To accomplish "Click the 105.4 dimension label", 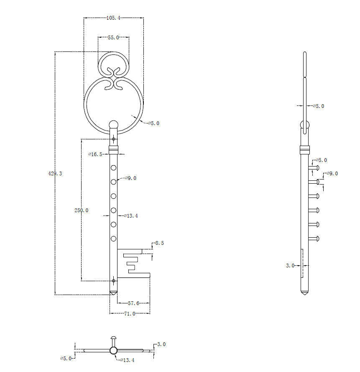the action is pyautogui.click(x=113, y=18).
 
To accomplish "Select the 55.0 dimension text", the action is pyautogui.click(x=113, y=38).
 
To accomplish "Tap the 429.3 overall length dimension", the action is pyautogui.click(x=55, y=174).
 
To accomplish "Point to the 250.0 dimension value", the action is pyautogui.click(x=81, y=210).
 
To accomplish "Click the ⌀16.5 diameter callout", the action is pyautogui.click(x=95, y=154).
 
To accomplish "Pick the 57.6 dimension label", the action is pyautogui.click(x=133, y=303).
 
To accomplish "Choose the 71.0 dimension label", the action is pyautogui.click(x=130, y=314).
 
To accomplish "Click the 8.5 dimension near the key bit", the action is pyautogui.click(x=159, y=243).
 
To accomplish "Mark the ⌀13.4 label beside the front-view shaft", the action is pyautogui.click(x=131, y=216).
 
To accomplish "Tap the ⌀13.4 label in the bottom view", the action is pyautogui.click(x=127, y=360).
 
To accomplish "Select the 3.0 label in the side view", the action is pyautogui.click(x=290, y=265).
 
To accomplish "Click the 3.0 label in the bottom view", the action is pyautogui.click(x=161, y=344).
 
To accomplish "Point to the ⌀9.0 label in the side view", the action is pyautogui.click(x=332, y=174).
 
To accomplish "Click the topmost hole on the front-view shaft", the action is pyautogui.click(x=114, y=168).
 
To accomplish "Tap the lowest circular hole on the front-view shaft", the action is pyautogui.click(x=114, y=239).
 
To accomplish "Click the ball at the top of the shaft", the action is pyautogui.click(x=114, y=124).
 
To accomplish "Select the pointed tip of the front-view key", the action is pyautogui.click(x=114, y=295).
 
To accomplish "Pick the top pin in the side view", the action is pyautogui.click(x=314, y=168).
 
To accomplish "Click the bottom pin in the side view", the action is pyautogui.click(x=314, y=239).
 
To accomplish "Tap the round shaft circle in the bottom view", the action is pyautogui.click(x=114, y=350).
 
